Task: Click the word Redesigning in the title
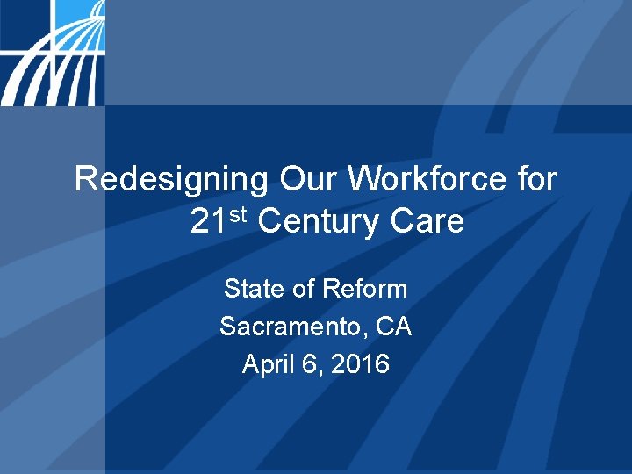click(172, 180)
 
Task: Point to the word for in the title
click(535, 179)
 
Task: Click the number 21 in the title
click(209, 222)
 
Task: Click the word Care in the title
click(427, 222)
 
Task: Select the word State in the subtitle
click(250, 289)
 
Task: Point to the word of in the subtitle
click(300, 289)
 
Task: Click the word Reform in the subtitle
click(365, 289)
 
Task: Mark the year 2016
click(363, 364)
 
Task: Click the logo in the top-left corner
click(52, 53)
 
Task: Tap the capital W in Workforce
click(363, 179)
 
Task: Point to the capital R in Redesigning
click(86, 179)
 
